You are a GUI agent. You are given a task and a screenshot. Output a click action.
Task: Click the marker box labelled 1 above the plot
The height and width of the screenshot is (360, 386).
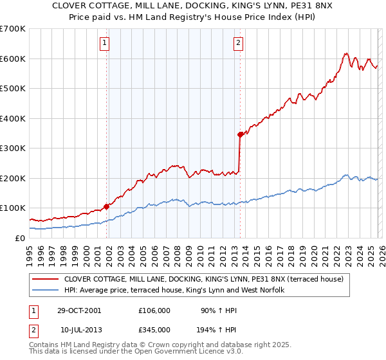pos(104,44)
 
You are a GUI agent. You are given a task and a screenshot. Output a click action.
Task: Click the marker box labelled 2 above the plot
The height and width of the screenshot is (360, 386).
pos(238,44)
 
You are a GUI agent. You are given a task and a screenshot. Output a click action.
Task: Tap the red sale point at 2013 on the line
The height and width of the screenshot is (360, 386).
pos(240,134)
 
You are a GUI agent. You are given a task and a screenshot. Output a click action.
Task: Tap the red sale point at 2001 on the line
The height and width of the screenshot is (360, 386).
pos(107,206)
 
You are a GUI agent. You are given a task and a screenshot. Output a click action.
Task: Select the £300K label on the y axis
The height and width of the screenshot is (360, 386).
pos(13,148)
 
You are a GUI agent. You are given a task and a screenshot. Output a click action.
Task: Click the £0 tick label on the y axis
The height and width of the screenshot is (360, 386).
pos(19,238)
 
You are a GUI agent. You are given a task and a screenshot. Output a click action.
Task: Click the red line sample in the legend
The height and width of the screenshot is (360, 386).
pos(46,279)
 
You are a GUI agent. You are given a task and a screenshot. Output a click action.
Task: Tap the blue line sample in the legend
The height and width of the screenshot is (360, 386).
pos(46,291)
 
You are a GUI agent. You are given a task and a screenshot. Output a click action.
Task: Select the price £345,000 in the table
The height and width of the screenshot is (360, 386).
pos(154,329)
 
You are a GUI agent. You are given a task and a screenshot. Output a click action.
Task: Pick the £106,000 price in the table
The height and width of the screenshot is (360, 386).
pos(154,310)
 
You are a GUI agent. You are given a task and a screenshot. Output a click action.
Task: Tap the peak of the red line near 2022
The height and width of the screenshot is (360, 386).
pos(346,53)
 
